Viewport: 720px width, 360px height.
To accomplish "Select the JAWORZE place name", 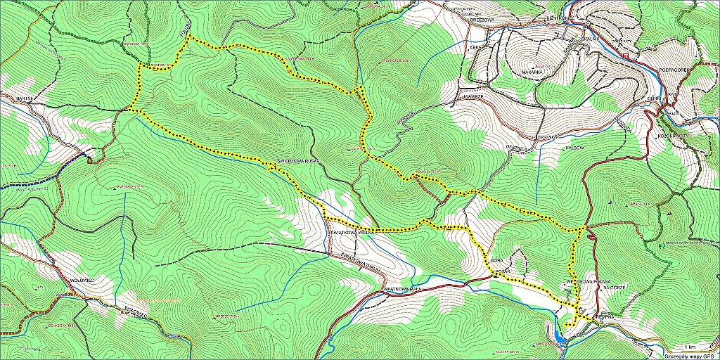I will pyautogui.click(x=472, y=92).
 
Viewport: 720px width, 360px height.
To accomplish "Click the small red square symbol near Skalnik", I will pyautogui.click(x=625, y=55).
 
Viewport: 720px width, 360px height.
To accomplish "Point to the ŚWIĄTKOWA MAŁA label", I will pyautogui.click(x=404, y=288).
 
